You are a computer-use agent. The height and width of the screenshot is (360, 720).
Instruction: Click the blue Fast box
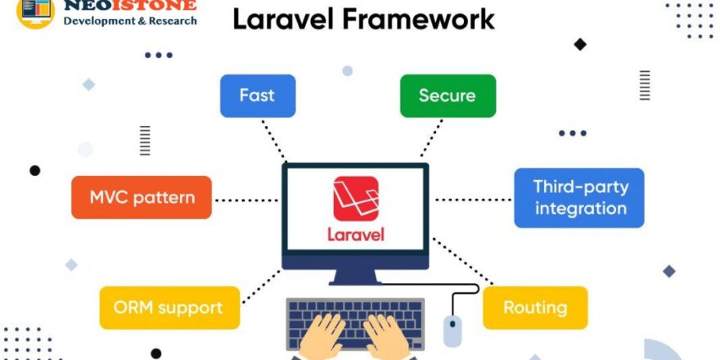(x=258, y=96)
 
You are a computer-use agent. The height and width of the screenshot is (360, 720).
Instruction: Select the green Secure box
(x=448, y=96)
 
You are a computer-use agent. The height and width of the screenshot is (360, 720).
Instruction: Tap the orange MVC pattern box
(x=142, y=197)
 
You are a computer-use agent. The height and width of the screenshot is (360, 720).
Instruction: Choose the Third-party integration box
(x=579, y=197)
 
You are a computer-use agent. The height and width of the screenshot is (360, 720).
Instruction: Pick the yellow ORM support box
(x=169, y=308)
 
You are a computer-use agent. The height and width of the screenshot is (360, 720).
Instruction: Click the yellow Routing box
(x=535, y=308)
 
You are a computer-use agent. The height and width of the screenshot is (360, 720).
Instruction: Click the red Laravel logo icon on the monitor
(x=356, y=199)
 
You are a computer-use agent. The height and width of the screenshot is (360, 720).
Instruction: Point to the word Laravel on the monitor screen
(x=356, y=234)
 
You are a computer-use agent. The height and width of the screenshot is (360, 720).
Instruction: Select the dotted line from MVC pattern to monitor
(x=245, y=199)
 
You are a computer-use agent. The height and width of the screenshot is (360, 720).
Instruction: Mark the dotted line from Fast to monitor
(x=273, y=139)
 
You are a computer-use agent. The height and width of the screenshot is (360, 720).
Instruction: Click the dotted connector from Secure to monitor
(x=431, y=137)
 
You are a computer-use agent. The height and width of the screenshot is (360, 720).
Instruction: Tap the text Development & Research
(x=130, y=20)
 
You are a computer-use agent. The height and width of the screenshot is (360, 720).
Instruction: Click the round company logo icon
(x=35, y=10)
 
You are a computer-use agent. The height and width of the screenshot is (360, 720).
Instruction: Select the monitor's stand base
(x=355, y=281)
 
